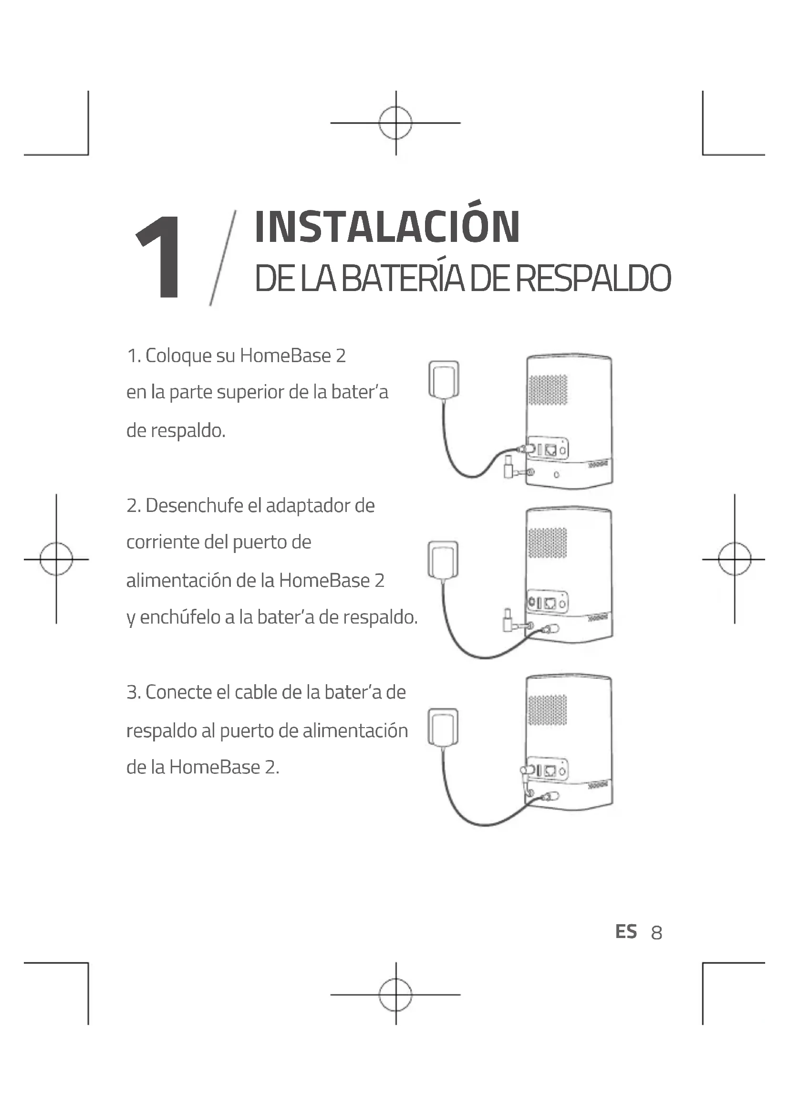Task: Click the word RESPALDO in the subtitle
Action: coord(593,279)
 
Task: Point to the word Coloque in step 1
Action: coord(178,356)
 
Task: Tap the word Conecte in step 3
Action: coord(178,692)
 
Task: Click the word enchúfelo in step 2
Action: coord(179,617)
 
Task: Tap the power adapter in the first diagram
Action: coord(444,380)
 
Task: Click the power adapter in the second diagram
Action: coord(443,560)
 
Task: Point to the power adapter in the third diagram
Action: coord(443,727)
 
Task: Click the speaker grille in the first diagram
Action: coord(548,389)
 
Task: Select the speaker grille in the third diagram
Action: coord(548,709)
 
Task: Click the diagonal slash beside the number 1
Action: coord(222,258)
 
